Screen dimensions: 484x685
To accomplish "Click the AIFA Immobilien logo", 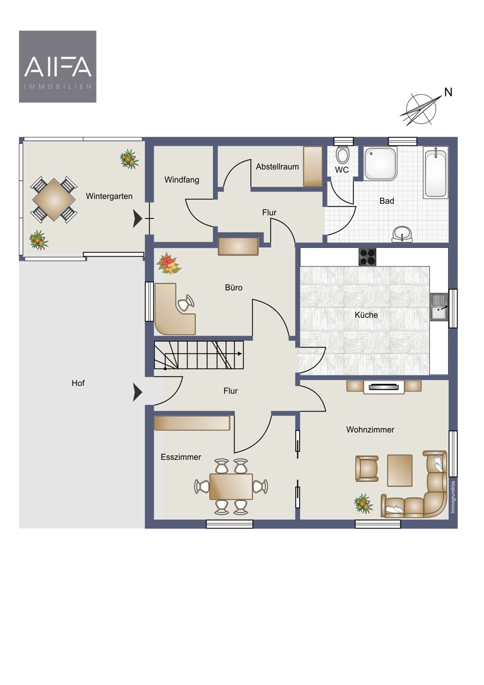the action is click(x=58, y=66).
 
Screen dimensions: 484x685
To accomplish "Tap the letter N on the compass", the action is click(x=448, y=92).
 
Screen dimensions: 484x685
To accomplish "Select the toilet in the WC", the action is click(x=341, y=154).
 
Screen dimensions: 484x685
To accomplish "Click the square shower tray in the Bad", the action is click(x=380, y=163).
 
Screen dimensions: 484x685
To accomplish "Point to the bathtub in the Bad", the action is click(x=435, y=172).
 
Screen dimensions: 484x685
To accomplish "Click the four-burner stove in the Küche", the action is click(x=367, y=257).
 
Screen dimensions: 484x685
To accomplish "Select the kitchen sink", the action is click(x=439, y=307).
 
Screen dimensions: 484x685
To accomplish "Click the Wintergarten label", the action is click(x=109, y=196).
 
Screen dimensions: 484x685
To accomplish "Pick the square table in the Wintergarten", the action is click(x=54, y=199).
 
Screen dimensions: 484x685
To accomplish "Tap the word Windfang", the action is click(x=181, y=180).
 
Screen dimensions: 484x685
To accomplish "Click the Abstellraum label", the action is click(x=277, y=167).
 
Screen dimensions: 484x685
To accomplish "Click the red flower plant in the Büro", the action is click(x=168, y=263).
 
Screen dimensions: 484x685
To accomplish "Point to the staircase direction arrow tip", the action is click(x=241, y=354).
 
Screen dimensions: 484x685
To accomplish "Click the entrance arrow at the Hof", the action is click(x=138, y=392).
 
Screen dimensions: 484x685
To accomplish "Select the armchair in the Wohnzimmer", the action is click(x=367, y=469).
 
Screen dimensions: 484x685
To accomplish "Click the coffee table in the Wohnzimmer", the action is click(x=400, y=470).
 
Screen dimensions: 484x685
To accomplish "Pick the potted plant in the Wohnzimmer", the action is click(x=363, y=503).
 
